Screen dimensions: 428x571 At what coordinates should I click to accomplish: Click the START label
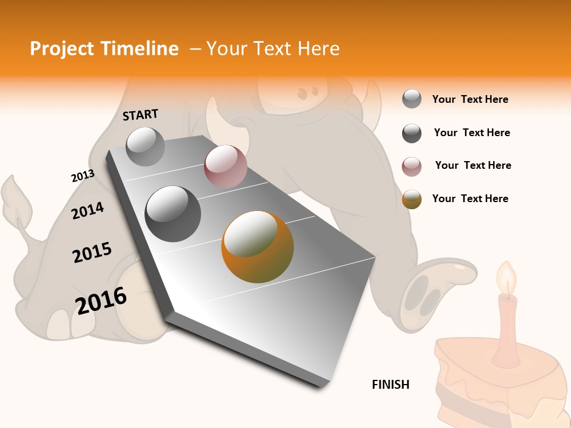(x=140, y=115)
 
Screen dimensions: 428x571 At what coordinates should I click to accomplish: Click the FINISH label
(x=390, y=385)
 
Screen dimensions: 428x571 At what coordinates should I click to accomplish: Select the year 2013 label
(x=83, y=176)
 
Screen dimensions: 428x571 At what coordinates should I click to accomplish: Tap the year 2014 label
(x=87, y=210)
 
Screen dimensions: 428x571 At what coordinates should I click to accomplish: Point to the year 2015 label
(x=92, y=253)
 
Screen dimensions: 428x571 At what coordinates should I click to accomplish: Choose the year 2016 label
(x=101, y=301)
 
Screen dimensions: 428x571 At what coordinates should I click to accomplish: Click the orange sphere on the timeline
(x=258, y=247)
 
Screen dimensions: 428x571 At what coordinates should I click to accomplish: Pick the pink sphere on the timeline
(x=225, y=166)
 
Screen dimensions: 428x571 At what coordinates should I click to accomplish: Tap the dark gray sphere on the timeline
(x=173, y=214)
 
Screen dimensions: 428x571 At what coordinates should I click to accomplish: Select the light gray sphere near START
(x=146, y=147)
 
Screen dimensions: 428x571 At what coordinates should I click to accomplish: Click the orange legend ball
(x=412, y=199)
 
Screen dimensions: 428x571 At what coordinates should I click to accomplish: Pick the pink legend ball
(x=412, y=166)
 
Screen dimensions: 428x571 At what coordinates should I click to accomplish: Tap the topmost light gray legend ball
(x=412, y=99)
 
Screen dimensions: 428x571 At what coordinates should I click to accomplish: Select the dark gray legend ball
(x=412, y=133)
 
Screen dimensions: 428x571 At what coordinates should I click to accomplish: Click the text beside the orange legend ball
(x=470, y=199)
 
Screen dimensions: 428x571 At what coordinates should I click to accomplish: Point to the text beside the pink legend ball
(x=473, y=165)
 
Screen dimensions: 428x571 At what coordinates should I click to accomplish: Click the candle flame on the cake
(x=507, y=278)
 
